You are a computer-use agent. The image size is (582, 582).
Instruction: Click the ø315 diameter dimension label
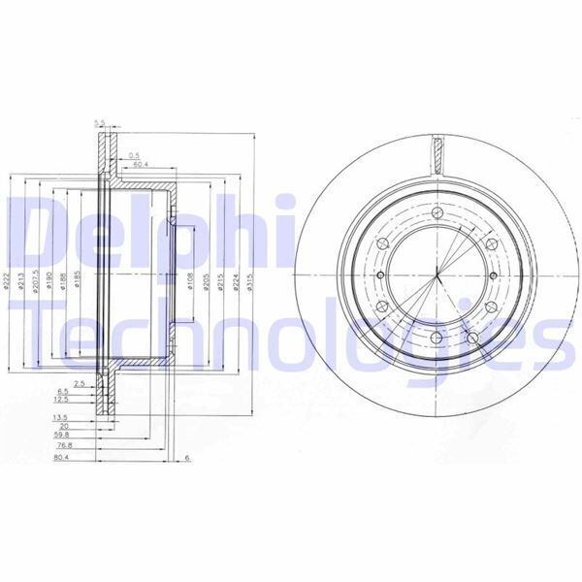click(250, 282)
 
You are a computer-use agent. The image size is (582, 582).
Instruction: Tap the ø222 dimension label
click(9, 282)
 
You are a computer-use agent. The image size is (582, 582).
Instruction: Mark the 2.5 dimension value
click(81, 384)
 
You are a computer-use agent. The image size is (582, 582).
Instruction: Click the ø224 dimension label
click(236, 282)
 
